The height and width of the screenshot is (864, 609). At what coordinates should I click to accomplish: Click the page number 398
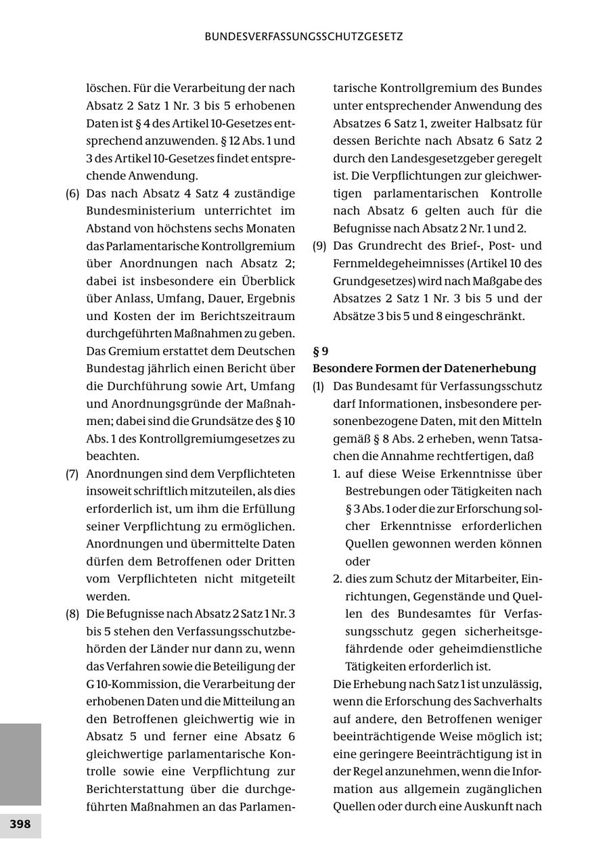point(20,824)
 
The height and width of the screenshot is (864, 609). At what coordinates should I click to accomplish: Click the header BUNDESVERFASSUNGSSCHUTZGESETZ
point(304,37)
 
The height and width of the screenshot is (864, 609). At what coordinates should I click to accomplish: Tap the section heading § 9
point(320,351)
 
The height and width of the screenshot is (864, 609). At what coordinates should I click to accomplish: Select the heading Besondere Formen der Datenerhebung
point(424,369)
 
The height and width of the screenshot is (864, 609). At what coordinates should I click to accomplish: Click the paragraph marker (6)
point(72,194)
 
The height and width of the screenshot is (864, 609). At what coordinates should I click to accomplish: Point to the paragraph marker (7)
point(72,474)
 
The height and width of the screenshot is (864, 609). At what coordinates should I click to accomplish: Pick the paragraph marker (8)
point(72,614)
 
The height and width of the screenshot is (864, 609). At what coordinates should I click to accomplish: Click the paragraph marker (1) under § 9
point(319,386)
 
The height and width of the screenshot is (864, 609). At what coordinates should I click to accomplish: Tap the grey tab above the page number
point(20,764)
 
